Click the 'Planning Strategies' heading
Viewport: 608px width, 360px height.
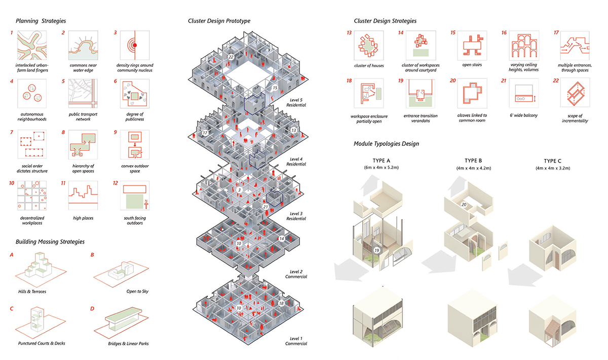click(x=41, y=21)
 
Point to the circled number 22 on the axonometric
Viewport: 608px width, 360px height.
click(x=231, y=58)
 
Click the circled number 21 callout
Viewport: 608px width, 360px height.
click(x=265, y=206)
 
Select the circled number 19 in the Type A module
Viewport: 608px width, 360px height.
click(x=376, y=250)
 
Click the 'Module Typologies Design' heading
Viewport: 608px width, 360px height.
click(x=386, y=144)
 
